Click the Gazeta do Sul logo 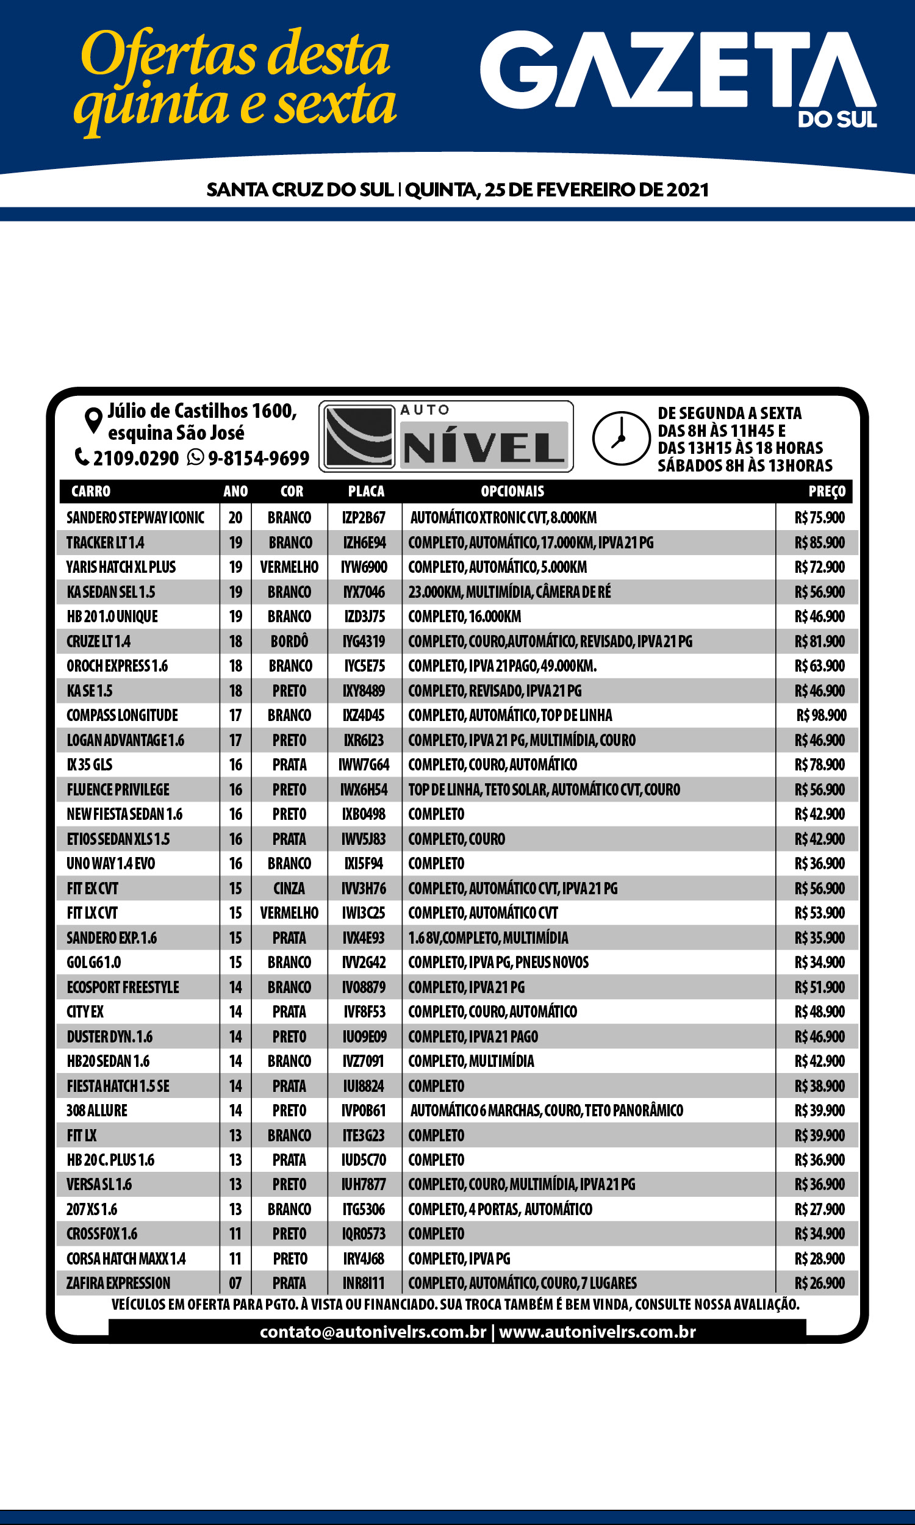click(x=678, y=77)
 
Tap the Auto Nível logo click(x=446, y=436)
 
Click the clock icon click(x=621, y=437)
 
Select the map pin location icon click(x=93, y=420)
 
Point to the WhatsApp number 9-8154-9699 click(x=258, y=458)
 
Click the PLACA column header click(x=365, y=491)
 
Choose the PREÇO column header click(x=826, y=491)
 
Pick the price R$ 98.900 click(x=820, y=715)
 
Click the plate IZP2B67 click(x=364, y=518)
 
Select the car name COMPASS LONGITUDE click(x=122, y=715)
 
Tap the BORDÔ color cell click(x=289, y=641)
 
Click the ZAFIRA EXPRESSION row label click(x=118, y=1283)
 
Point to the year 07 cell click(x=235, y=1283)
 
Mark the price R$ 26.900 click(x=819, y=1283)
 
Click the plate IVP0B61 click(x=364, y=1110)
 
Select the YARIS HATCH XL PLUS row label click(x=121, y=567)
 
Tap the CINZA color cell click(x=289, y=888)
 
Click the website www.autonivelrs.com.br click(x=597, y=1332)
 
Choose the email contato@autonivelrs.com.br click(x=373, y=1332)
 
